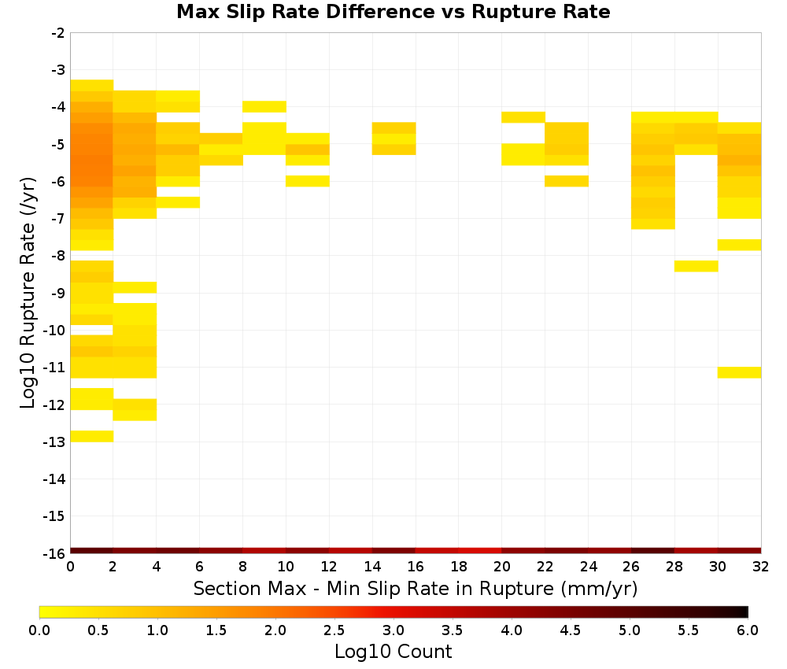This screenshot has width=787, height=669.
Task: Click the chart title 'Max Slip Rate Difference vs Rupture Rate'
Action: [393, 12]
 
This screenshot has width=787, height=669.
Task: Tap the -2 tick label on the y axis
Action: [58, 33]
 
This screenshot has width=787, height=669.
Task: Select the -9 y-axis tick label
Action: [58, 293]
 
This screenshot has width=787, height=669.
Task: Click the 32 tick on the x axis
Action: [761, 567]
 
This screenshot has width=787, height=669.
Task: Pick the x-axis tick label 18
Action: [459, 567]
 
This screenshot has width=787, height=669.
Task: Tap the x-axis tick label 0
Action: [70, 567]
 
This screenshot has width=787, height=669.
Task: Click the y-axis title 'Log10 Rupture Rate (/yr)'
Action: [28, 293]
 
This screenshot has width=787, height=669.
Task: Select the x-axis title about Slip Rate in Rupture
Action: [416, 588]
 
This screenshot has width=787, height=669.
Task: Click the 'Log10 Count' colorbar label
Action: [393, 652]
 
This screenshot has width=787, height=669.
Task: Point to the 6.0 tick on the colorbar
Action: [748, 630]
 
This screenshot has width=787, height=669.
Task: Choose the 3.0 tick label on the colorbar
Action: [393, 630]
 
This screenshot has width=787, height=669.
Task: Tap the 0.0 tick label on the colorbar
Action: [39, 630]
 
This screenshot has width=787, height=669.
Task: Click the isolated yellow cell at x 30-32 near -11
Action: [739, 372]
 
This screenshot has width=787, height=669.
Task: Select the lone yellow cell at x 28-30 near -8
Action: [696, 266]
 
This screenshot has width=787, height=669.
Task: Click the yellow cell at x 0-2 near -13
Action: [92, 436]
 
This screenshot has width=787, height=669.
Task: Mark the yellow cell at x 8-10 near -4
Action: [264, 106]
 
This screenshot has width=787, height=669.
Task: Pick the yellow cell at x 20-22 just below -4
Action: [523, 117]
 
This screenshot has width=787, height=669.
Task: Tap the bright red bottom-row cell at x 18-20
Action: [480, 551]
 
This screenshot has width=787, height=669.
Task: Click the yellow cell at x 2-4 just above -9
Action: [135, 287]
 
